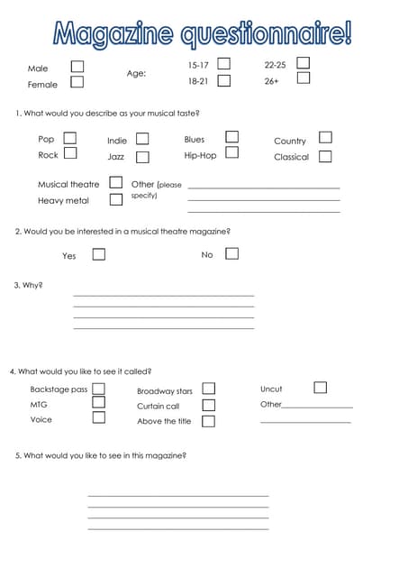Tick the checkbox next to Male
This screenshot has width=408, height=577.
pyautogui.click(x=77, y=67)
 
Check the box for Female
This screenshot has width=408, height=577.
pyautogui.click(x=77, y=82)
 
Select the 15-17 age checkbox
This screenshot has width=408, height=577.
pyautogui.click(x=224, y=64)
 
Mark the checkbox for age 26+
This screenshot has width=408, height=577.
pyautogui.click(x=304, y=78)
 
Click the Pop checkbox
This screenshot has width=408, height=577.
pyautogui.click(x=69, y=138)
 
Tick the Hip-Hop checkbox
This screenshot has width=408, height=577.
pyautogui.click(x=232, y=152)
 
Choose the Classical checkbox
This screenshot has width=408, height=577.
pyautogui.click(x=325, y=156)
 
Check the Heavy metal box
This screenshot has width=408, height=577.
pyautogui.click(x=115, y=198)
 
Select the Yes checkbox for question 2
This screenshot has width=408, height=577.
pyautogui.click(x=99, y=254)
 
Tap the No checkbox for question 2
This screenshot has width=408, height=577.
pyautogui.click(x=231, y=253)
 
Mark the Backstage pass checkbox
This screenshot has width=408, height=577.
pyautogui.click(x=99, y=389)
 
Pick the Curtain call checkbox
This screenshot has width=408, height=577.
pyautogui.click(x=208, y=405)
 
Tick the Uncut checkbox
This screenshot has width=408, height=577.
pyautogui.click(x=320, y=388)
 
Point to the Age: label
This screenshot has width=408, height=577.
pyautogui.click(x=136, y=74)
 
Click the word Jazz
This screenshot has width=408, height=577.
pyautogui.click(x=116, y=157)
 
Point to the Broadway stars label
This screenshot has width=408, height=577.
pyautogui.click(x=165, y=391)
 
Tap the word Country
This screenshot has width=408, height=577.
pyautogui.click(x=290, y=141)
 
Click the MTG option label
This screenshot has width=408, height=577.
pyautogui.click(x=39, y=405)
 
